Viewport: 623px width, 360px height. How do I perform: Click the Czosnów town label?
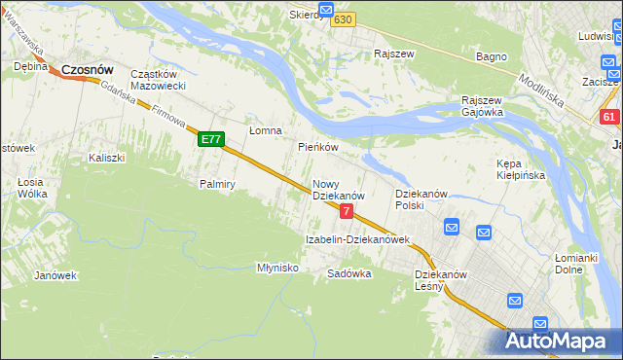point(88,70)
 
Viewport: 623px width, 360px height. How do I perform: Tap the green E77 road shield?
point(211,140)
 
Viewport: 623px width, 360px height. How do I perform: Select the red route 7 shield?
point(347,211)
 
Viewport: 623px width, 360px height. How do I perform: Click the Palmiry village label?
point(218,183)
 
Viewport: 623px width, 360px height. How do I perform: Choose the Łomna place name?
point(265,130)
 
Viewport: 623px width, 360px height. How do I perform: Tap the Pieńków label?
point(317,148)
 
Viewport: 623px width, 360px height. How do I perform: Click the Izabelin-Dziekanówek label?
point(357,239)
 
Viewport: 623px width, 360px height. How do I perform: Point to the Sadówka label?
point(349,273)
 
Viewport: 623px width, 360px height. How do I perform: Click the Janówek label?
point(55,275)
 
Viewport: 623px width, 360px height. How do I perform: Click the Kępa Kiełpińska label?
point(521,169)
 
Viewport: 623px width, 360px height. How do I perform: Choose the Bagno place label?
point(491,56)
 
